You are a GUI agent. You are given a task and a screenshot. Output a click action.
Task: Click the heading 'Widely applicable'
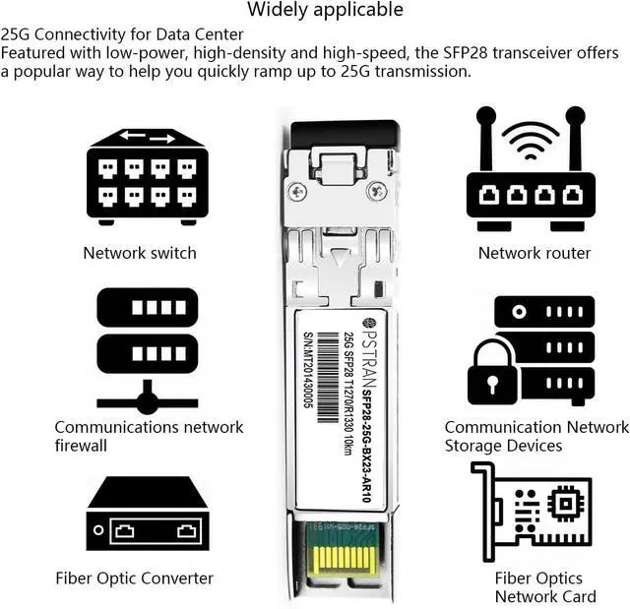pos(325,11)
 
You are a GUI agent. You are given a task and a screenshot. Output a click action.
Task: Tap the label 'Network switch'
pos(140,253)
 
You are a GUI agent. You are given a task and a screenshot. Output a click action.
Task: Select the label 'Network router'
pos(535,253)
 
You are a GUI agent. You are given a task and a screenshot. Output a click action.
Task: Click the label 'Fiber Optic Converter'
pos(134,579)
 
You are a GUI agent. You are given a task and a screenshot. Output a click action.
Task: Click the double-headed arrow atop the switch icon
pos(148,138)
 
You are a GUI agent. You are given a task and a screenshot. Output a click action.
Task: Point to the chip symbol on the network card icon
pos(566,503)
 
